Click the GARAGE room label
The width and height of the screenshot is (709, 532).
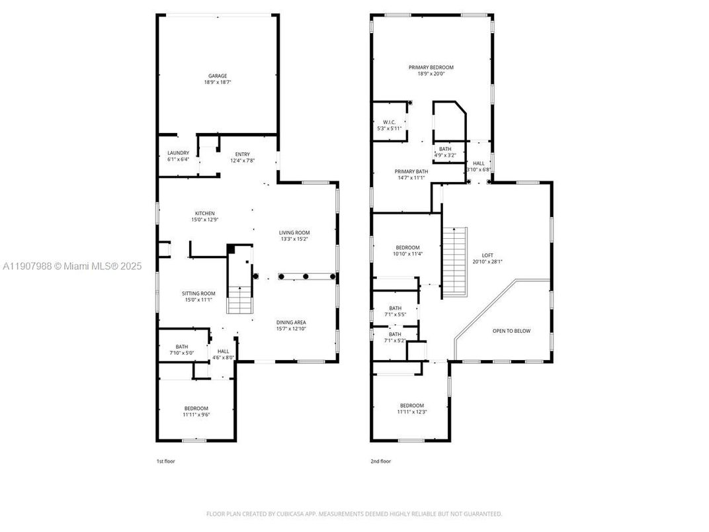pos(218,76)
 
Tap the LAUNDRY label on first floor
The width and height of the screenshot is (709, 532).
pos(178,153)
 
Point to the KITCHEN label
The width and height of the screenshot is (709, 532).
pos(204,213)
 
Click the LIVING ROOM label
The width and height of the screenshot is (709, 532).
pos(294,232)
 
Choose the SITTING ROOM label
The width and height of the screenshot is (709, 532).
pos(198,293)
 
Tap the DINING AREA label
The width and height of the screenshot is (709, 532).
pos(291,322)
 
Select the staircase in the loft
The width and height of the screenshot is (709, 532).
pos(454,261)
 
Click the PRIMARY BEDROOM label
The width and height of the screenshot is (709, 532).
pos(431,67)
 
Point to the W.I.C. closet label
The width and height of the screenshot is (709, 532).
pos(389,122)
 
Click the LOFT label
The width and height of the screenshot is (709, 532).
pos(487,255)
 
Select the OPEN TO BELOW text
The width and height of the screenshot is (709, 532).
pos(511,331)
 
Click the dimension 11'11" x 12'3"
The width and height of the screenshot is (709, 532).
pos(411,412)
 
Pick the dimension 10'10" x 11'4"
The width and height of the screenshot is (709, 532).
pos(407,254)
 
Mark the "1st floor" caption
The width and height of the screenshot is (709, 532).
pos(165,461)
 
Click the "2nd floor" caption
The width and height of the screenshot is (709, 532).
pos(380,461)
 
